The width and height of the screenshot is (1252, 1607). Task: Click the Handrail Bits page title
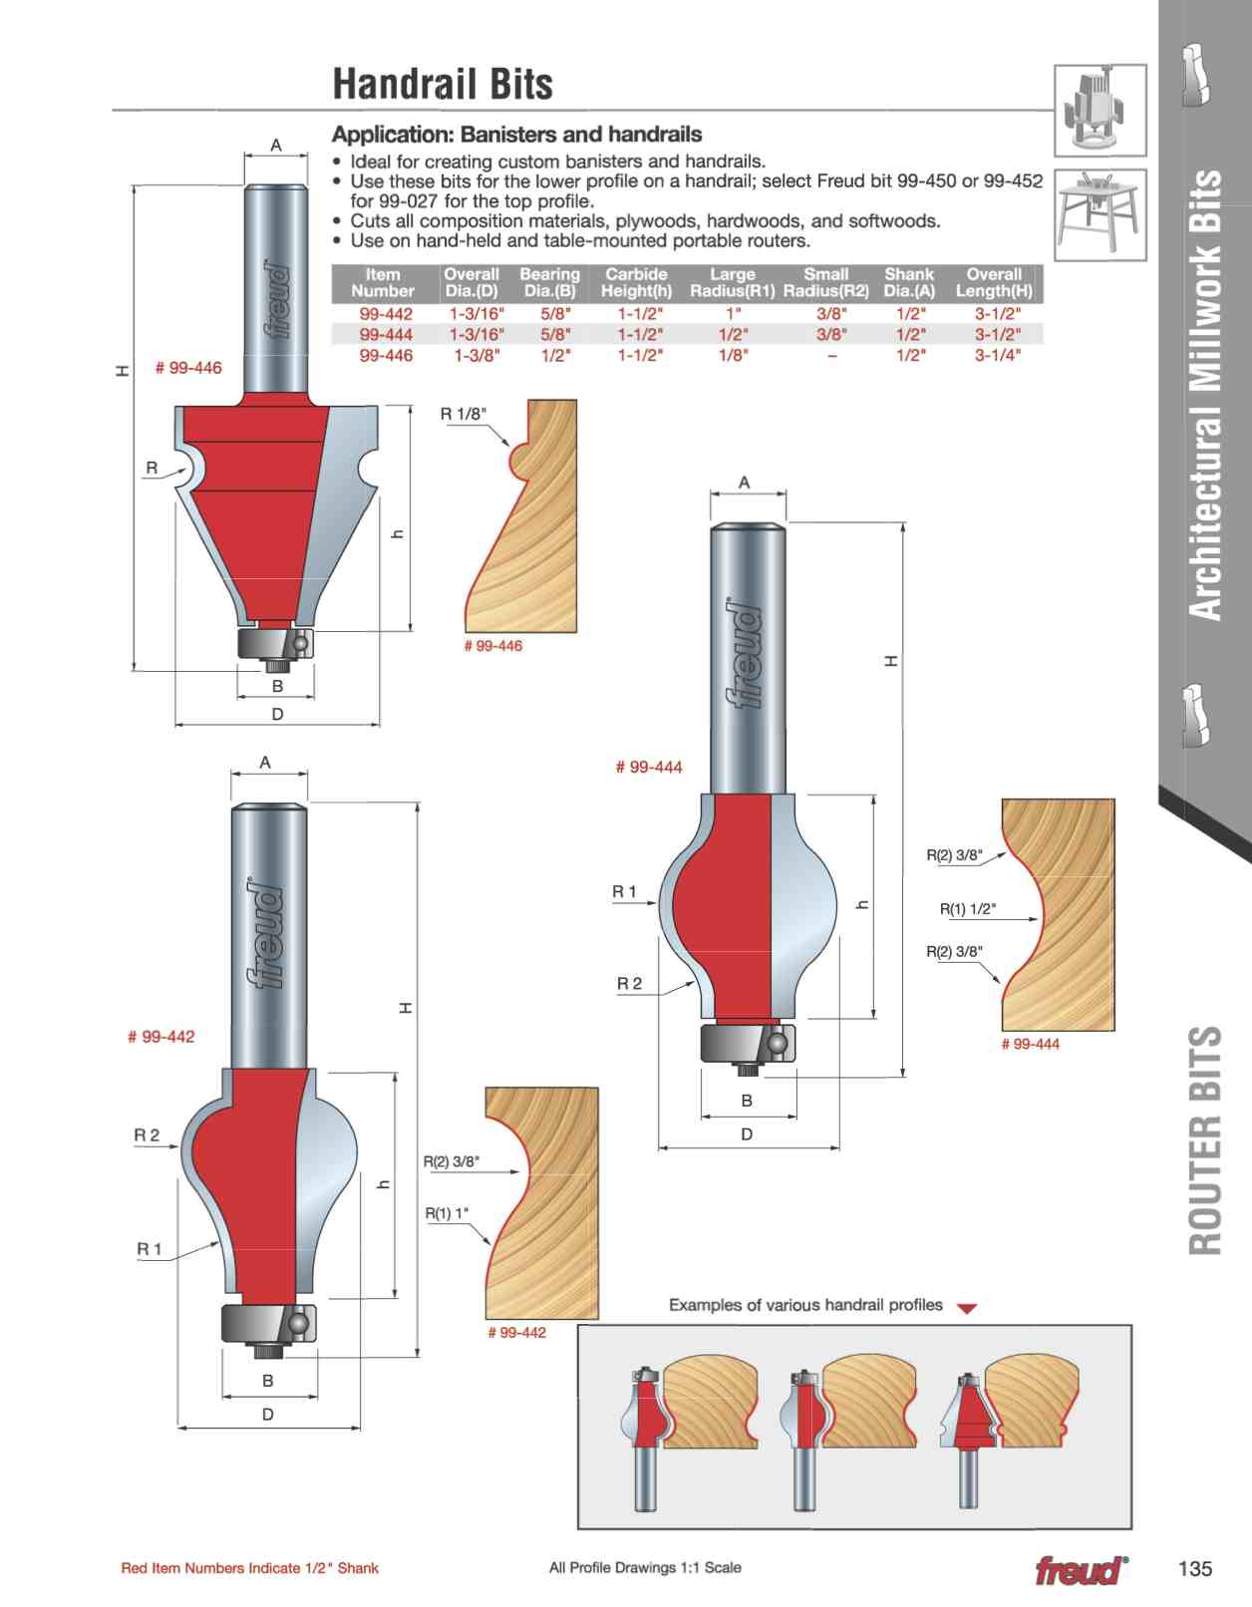(443, 84)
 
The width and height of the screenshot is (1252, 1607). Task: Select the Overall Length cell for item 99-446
(997, 355)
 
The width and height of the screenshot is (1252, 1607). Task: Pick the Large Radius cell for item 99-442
(733, 314)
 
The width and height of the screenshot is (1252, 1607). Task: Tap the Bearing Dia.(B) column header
(549, 282)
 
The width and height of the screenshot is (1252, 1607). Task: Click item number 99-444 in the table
(386, 334)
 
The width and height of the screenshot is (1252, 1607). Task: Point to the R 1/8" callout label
(463, 414)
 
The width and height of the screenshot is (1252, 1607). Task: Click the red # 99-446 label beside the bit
(187, 368)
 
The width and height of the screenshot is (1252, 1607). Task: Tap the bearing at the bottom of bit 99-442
(268, 1322)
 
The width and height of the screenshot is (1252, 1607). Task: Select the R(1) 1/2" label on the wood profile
(968, 909)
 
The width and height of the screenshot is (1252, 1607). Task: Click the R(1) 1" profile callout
(447, 1213)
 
